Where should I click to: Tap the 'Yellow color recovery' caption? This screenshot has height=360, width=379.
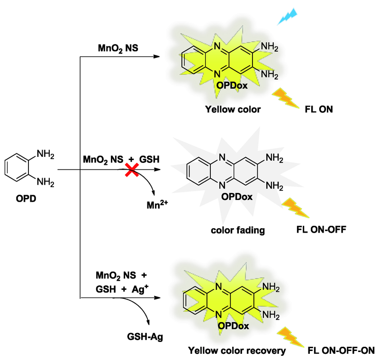tap(237, 351)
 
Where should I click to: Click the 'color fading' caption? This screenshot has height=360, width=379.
tap(238, 231)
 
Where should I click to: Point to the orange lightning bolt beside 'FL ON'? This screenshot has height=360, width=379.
tap(285, 99)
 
